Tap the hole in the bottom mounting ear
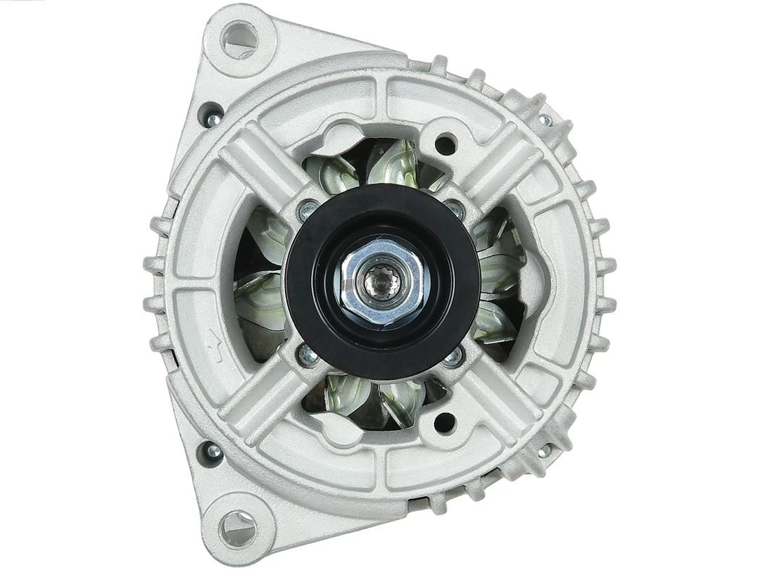pos(236,524)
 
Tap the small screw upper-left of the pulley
pos(308,209)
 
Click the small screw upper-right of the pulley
pos(455,208)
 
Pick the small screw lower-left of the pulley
pos(308,355)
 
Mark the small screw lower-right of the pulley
pos(453,357)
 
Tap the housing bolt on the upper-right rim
pos(544,118)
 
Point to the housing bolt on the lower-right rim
pos(545,448)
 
